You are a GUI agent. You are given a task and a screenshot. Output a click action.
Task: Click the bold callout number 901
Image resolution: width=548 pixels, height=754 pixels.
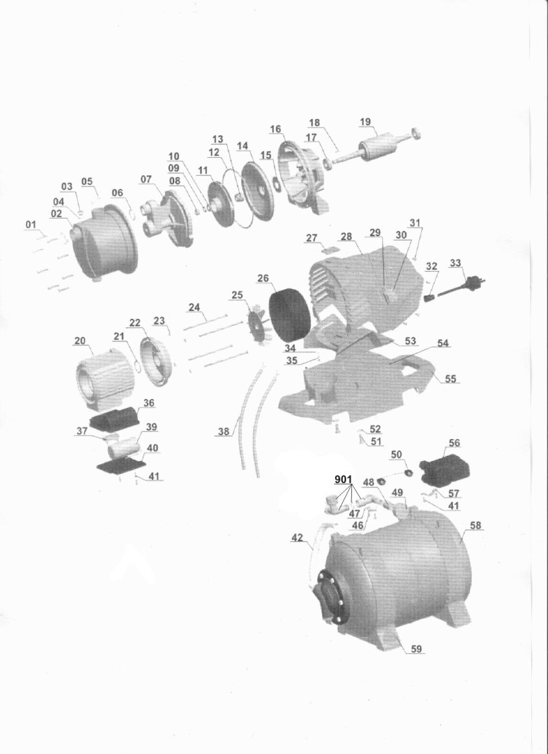[344, 479]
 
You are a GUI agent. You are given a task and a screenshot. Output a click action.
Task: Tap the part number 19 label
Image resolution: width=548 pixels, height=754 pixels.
[365, 122]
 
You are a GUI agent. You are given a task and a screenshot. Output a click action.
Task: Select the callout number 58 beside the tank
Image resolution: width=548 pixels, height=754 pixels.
[476, 526]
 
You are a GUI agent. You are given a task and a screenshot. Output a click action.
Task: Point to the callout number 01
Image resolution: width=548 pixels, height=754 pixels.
[31, 224]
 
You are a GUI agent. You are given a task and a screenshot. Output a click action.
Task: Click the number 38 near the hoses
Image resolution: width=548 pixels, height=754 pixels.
[224, 431]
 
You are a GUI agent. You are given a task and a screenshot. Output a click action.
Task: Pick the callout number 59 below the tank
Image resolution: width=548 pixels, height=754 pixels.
[416, 649]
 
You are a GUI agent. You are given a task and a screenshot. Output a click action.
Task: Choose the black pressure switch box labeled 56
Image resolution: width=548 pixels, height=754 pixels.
[444, 467]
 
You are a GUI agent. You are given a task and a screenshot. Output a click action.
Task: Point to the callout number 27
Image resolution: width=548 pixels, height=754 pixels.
[312, 237]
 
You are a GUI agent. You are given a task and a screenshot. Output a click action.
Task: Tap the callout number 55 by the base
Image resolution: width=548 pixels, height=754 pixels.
[450, 379]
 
